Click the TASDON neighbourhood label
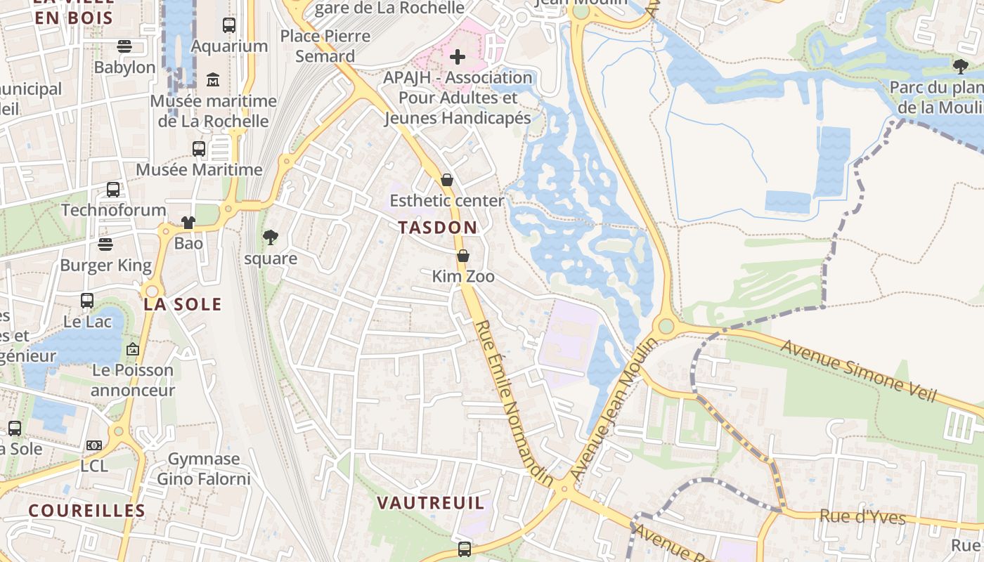[437, 228]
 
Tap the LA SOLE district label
[183, 304]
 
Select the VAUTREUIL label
[430, 503]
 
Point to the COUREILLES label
[86, 511]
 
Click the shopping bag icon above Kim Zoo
[462, 256]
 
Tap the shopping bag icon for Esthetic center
[446, 181]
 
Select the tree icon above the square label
[270, 238]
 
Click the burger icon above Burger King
[105, 244]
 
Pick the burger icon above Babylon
[124, 46]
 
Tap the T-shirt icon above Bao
[188, 223]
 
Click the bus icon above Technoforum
[112, 190]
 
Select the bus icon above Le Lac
[87, 301]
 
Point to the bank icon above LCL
[94, 445]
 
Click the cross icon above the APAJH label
[458, 56]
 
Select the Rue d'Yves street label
[862, 517]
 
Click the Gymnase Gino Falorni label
[203, 469]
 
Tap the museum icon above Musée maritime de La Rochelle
[213, 80]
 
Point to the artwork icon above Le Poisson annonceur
[132, 349]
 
